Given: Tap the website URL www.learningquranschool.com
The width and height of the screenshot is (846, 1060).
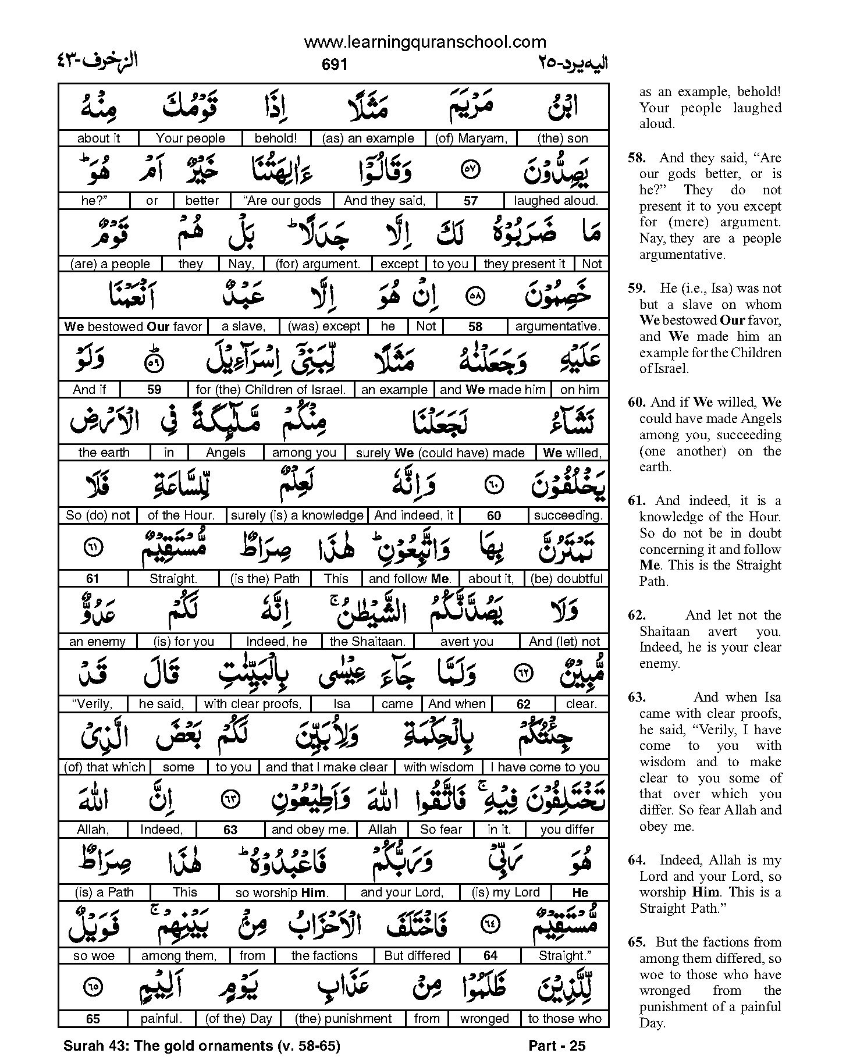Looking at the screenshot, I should [425, 42].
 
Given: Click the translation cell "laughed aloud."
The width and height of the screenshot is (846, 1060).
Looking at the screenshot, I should [556, 201].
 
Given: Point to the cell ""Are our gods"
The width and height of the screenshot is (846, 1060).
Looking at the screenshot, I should [283, 201].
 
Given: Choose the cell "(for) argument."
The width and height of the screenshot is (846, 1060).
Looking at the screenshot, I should [318, 264].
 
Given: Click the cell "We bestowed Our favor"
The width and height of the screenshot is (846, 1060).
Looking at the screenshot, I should [133, 327].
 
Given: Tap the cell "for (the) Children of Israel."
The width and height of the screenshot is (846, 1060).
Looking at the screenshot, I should [271, 390].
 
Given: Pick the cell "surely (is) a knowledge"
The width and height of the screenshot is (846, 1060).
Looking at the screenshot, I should [297, 515].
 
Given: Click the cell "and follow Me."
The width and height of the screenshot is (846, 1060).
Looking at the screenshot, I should [410, 579].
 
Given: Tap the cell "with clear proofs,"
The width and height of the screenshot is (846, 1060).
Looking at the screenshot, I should [253, 704].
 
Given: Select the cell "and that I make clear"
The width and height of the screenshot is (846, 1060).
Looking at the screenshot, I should [326, 767].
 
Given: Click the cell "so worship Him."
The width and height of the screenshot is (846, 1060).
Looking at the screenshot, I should [282, 892].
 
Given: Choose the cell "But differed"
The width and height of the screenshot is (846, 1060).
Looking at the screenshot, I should [417, 956].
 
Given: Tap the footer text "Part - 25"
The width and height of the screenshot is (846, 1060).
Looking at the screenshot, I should [557, 1046].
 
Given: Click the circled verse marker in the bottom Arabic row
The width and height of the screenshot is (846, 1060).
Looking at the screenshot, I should [92, 987].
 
